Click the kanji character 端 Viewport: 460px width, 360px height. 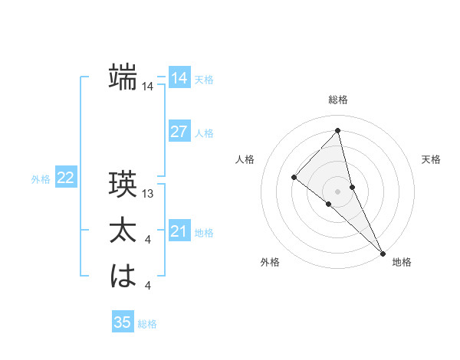[x=123, y=77]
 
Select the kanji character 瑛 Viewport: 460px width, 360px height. [x=123, y=185]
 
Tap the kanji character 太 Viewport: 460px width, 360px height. [x=123, y=231]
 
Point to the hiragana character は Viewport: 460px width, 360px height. [x=123, y=276]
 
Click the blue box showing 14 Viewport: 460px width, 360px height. [x=179, y=78]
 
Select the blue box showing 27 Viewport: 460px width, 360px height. [x=179, y=132]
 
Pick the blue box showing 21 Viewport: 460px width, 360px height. [x=179, y=231]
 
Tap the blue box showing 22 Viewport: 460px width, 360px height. [x=65, y=178]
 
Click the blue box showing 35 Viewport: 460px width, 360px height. [x=123, y=322]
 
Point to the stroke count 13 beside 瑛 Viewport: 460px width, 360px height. [x=149, y=195]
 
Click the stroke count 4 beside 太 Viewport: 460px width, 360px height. [x=148, y=241]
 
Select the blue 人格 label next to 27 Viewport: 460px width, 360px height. [x=204, y=133]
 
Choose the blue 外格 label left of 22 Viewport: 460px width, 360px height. [x=41, y=179]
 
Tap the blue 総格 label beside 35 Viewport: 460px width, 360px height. [x=147, y=324]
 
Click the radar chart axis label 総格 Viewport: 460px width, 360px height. [x=338, y=100]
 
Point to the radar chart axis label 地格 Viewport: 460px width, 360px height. [x=402, y=263]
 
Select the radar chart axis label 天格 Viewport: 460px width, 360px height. [x=431, y=159]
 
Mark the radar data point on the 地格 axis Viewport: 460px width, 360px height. [x=383, y=252]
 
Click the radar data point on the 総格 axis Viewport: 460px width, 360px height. [x=338, y=131]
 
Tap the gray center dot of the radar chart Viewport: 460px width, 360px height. [x=338, y=191]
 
